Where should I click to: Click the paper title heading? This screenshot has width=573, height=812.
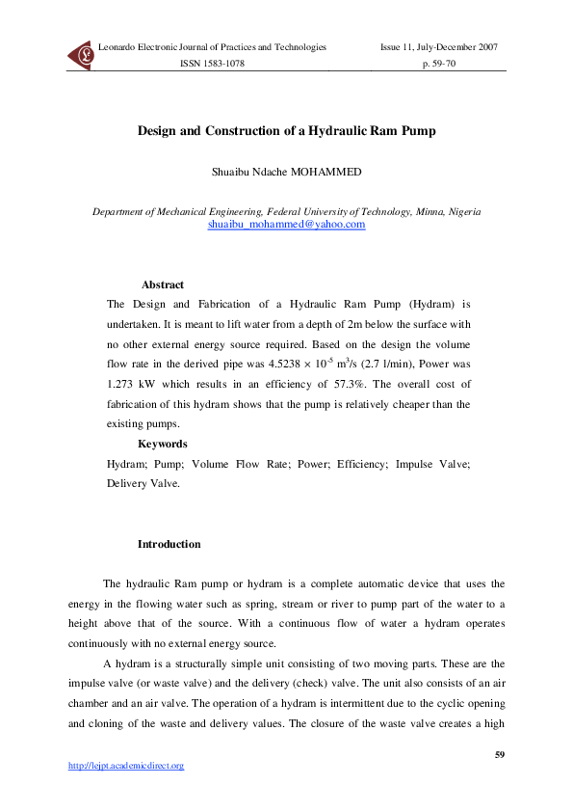tap(287, 130)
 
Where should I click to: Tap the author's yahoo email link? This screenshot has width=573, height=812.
tap(287, 224)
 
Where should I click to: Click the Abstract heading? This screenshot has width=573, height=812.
tap(162, 284)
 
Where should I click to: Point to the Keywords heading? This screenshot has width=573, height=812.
tap(162, 444)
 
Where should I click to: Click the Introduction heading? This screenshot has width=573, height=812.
tap(169, 544)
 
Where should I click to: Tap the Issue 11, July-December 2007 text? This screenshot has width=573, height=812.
tap(439, 47)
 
